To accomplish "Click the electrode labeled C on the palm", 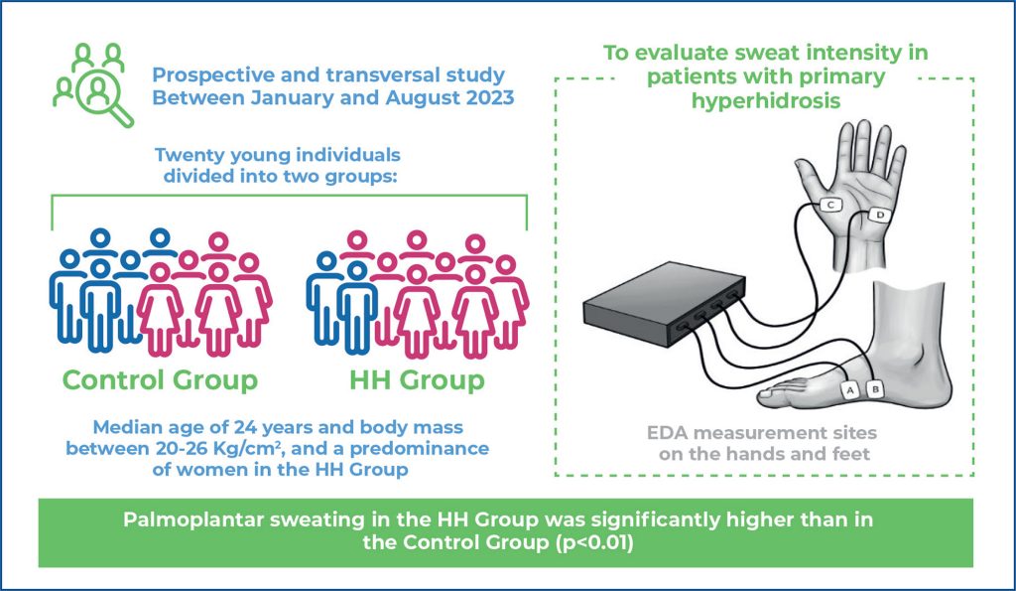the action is tap(830, 205).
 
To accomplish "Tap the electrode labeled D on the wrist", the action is tap(879, 215).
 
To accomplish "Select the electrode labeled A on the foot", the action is tap(850, 390).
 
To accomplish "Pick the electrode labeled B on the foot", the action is tap(875, 389).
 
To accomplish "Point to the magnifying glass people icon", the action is tap(92, 84).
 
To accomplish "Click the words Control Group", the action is tap(160, 379).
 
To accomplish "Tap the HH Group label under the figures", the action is tap(417, 379).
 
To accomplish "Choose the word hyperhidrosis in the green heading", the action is tap(766, 101).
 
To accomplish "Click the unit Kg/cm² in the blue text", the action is tap(256, 449).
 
